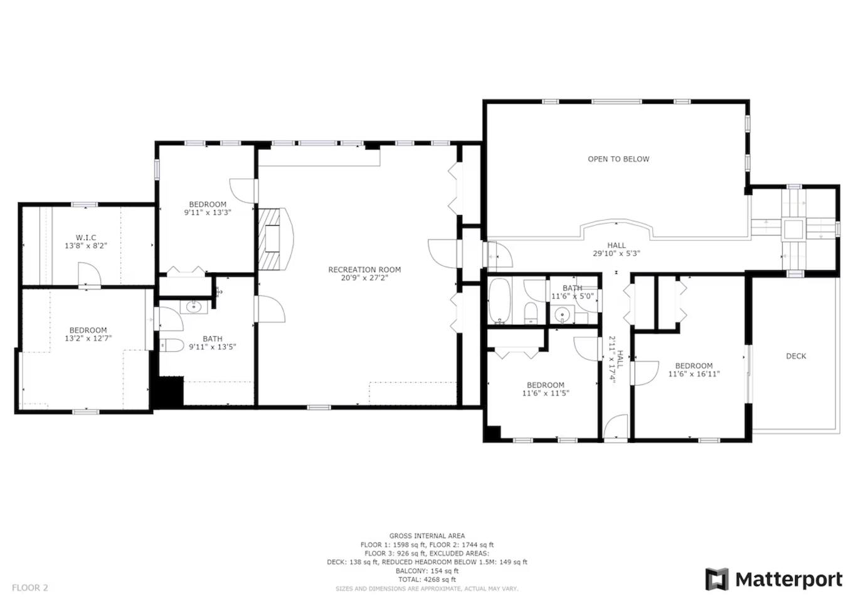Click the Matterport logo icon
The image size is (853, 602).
point(717,579)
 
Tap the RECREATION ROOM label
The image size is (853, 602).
point(364,270)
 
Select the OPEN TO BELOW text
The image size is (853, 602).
point(618,159)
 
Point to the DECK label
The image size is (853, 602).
point(796,356)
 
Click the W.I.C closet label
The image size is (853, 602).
point(86,238)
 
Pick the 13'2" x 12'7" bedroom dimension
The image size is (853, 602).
point(88,338)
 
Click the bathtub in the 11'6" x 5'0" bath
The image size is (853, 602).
point(499,301)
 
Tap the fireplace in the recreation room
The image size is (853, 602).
point(273,239)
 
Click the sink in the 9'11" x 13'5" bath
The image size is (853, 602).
point(194,306)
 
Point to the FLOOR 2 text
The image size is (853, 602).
point(30,588)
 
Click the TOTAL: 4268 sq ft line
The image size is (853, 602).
point(427,579)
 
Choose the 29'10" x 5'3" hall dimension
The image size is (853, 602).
point(617,253)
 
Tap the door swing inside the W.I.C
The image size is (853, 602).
point(90,273)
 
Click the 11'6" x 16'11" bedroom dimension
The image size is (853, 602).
point(694,374)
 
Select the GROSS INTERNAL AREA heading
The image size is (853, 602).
point(427,536)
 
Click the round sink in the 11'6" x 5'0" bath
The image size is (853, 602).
point(562,315)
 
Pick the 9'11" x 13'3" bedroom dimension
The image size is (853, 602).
point(208,213)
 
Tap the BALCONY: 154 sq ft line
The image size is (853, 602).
point(427,571)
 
